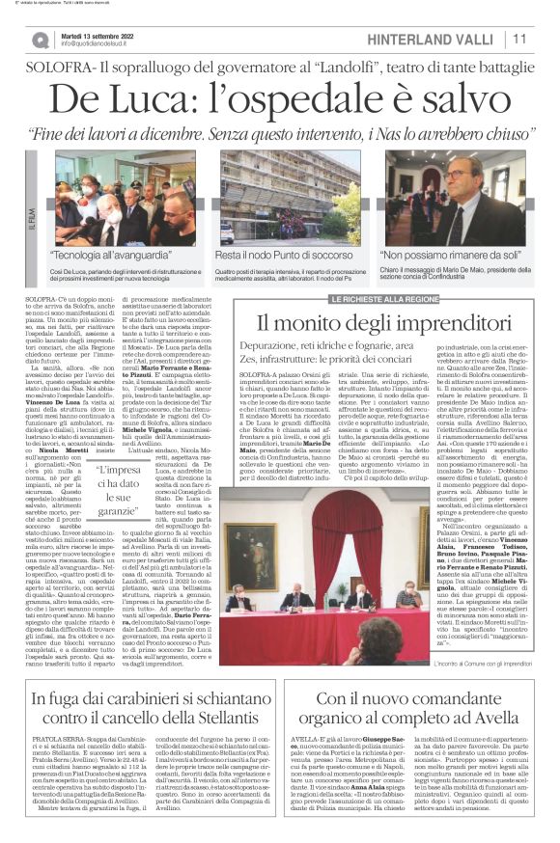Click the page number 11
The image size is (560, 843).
(519, 39)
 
